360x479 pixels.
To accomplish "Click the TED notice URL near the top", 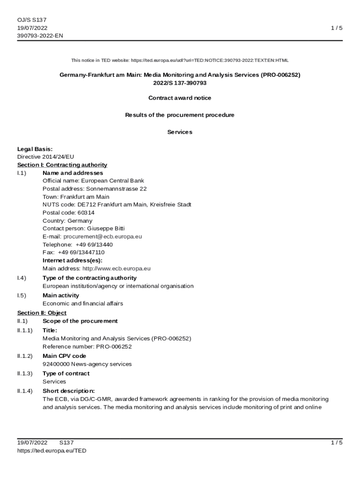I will click(209, 60).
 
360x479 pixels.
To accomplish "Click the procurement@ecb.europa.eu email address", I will click(102, 237).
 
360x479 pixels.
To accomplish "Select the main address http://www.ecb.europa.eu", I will click(116, 269).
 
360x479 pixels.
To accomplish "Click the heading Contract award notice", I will click(180, 98).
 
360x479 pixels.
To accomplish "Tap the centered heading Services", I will click(180, 132).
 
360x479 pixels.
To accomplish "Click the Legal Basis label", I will click(35, 149).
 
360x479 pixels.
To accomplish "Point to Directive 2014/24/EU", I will click(45, 157).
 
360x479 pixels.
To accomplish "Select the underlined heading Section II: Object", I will click(42, 313).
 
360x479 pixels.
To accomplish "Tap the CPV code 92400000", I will click(56, 364).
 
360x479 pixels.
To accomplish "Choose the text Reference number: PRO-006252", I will click(87, 347).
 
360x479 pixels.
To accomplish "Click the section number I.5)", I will click(22, 296).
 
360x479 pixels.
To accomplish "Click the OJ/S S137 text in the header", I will click(32, 20).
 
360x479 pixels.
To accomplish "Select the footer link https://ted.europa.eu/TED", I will click(52, 451).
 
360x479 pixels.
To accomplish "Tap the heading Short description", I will click(69, 391).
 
